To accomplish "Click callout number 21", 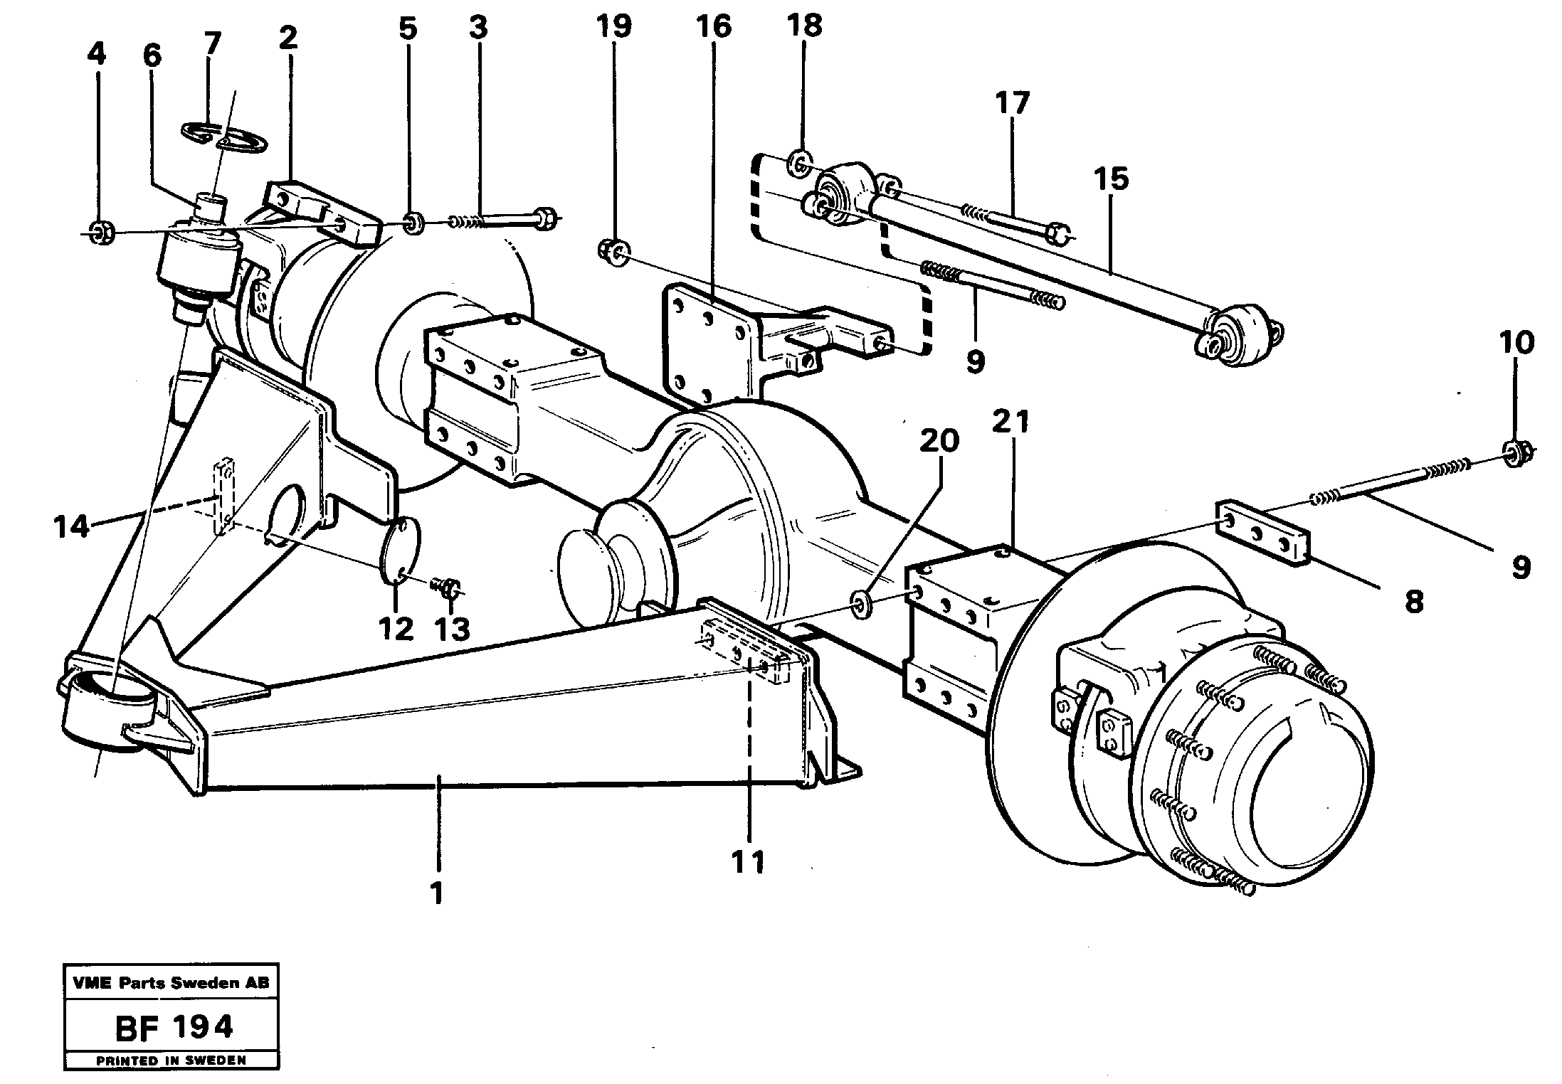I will pyautogui.click(x=1011, y=423).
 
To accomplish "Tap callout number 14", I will pyautogui.click(x=71, y=527).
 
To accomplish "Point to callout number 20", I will pyautogui.click(x=939, y=441).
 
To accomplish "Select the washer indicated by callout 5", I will pyautogui.click(x=413, y=224).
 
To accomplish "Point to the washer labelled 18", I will pyautogui.click(x=799, y=166).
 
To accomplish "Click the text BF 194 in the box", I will pyautogui.click(x=172, y=1027).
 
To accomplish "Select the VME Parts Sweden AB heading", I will pyautogui.click(x=171, y=983).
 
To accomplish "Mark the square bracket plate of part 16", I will pyautogui.click(x=707, y=343).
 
